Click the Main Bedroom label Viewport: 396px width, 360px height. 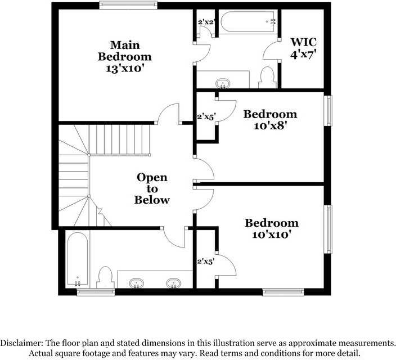coord(124,57)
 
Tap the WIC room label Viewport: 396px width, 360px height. coord(303,48)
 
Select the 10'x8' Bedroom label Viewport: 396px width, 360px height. coord(269,120)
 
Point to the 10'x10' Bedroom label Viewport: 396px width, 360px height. coord(271,229)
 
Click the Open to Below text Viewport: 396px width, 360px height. coord(152,188)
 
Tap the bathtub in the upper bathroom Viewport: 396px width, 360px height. coord(248,22)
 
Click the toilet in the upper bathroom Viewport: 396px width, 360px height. coord(267,78)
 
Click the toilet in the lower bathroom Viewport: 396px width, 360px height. coord(105,278)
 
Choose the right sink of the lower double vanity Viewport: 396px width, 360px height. coord(174,282)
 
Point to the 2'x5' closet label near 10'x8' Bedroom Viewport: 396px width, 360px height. coord(206,118)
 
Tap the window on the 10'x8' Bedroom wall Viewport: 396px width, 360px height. coord(328,111)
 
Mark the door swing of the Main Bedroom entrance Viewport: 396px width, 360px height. coord(168,114)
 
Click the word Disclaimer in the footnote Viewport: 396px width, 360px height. coord(22,343)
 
